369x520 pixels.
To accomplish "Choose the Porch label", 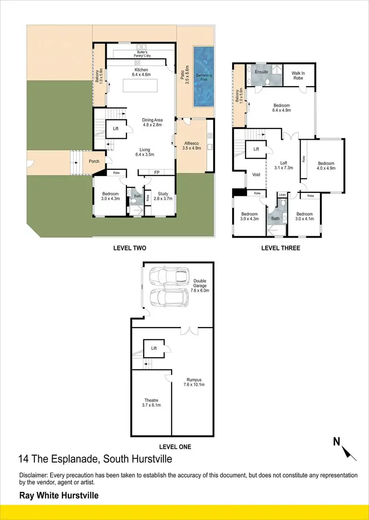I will point(94,161).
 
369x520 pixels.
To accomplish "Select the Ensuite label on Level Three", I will point(261,72).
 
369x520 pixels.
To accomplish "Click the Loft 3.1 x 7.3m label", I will point(283,166).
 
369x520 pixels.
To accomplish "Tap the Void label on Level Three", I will point(256,175).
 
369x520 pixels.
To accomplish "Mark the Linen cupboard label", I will point(282,195).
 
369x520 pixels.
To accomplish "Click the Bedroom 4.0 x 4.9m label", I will point(326,166).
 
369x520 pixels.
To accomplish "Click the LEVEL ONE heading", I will point(175,447).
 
